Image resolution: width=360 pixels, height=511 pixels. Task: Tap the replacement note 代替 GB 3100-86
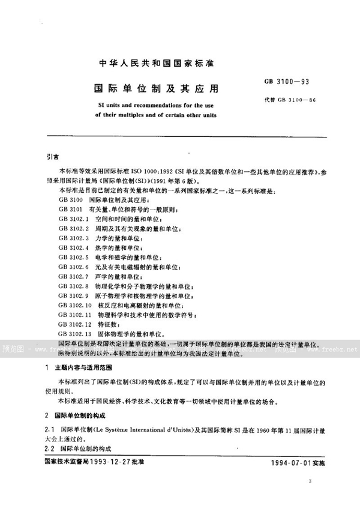click(x=290, y=100)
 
